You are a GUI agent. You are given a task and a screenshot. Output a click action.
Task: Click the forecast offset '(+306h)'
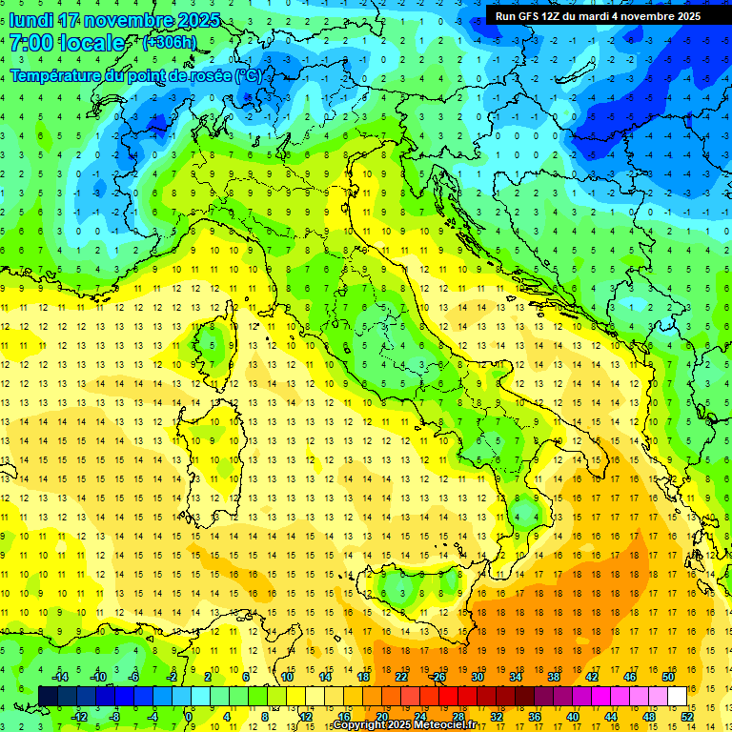coord(172,43)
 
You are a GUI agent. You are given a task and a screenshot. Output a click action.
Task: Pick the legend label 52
coord(687,716)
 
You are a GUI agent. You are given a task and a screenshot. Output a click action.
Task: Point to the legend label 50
coord(668,677)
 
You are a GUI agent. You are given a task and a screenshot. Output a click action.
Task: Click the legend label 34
coord(516,677)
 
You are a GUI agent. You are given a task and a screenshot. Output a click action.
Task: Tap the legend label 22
coord(401,677)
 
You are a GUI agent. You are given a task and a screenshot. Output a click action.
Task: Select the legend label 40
coord(573,716)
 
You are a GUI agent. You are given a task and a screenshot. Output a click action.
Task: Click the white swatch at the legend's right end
coord(678,696)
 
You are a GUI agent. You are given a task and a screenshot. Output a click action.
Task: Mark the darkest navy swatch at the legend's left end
coord(49,696)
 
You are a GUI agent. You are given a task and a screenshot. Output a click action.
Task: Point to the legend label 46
coord(630,677)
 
